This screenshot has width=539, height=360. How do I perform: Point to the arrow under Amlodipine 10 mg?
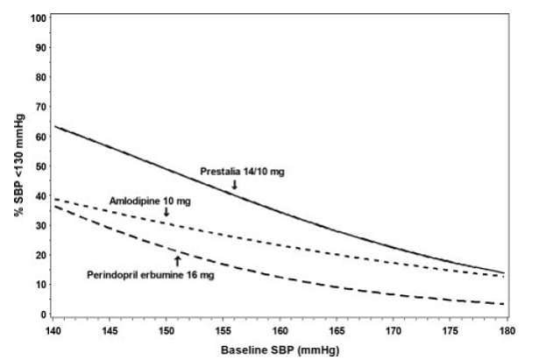[x=167, y=213]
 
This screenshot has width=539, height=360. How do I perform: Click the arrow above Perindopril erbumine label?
[x=177, y=261]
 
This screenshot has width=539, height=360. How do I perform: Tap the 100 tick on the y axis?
[x=36, y=18]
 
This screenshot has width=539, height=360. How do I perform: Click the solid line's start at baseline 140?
[x=55, y=126]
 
